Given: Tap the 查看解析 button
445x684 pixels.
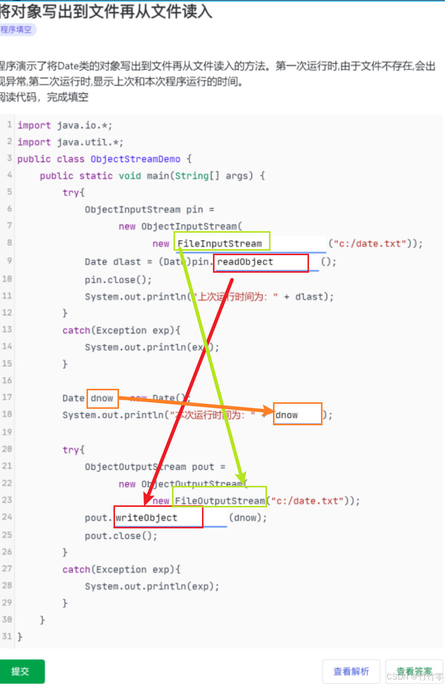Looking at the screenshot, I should click(x=351, y=671).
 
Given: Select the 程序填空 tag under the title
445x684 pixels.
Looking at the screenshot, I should click(x=16, y=30).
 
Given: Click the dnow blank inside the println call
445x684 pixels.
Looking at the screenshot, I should click(x=297, y=415).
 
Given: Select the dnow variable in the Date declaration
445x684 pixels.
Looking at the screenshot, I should click(x=102, y=398).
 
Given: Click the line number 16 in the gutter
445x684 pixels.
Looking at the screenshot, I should click(x=7, y=380).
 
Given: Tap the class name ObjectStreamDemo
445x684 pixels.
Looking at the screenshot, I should click(x=135, y=159).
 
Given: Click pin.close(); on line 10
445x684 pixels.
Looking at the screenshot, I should click(x=118, y=279).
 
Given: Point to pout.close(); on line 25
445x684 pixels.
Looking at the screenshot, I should click(x=121, y=535).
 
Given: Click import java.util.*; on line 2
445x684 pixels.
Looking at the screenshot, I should click(x=70, y=142).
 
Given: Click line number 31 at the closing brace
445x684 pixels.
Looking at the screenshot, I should click(x=7, y=636).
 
